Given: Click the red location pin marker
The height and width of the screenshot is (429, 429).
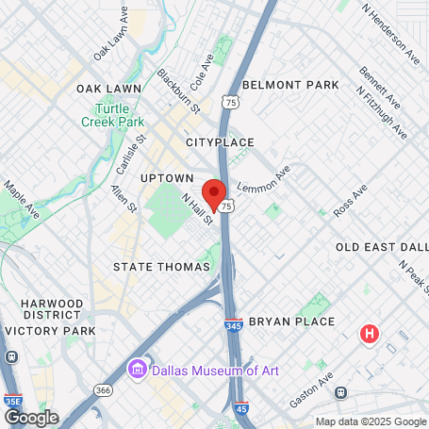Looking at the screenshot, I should [214, 194].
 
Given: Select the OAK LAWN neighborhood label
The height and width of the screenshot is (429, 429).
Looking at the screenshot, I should [109, 88].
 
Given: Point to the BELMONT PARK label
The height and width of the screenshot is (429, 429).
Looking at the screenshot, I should [290, 85].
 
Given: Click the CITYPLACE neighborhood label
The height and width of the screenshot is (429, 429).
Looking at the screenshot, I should [220, 142].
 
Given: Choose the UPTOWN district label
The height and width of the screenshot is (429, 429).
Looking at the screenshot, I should [167, 177].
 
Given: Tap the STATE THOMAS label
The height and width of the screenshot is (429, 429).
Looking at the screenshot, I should [161, 267].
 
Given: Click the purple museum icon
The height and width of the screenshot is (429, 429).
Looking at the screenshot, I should [138, 367].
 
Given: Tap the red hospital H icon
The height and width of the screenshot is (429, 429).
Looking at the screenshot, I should [371, 334].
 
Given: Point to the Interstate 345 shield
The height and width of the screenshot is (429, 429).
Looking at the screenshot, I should [233, 326].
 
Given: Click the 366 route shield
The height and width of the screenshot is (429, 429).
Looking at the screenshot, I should [102, 389].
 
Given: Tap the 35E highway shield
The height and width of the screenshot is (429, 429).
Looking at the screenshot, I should [13, 400].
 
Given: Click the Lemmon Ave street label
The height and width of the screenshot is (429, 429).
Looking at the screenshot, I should [259, 180].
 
